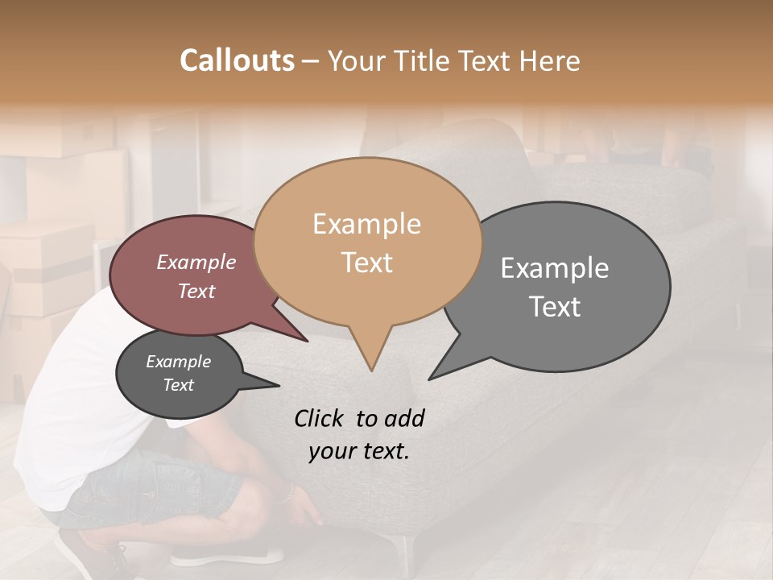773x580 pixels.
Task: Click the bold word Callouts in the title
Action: [237, 60]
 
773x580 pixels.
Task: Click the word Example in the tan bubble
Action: [366, 224]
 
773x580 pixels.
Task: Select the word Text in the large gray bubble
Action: [555, 307]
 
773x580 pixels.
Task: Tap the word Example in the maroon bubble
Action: [196, 263]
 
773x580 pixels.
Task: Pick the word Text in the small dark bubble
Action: [178, 385]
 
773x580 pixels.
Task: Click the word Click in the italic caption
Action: [320, 418]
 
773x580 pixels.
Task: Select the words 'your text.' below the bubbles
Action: [358, 451]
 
